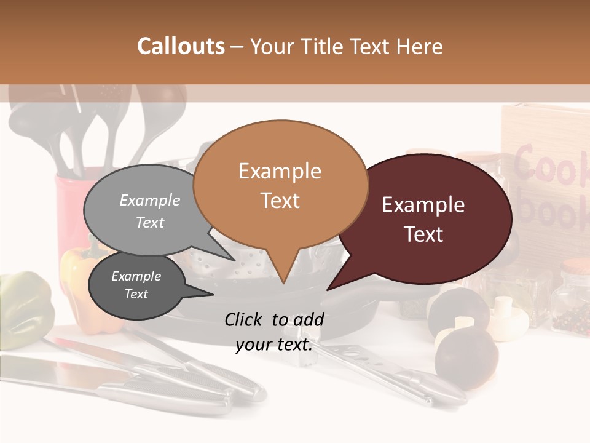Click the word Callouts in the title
tap(181, 46)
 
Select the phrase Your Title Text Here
tap(346, 47)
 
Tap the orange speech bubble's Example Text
tap(280, 185)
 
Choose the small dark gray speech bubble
tap(136, 285)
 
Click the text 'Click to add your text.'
tap(273, 332)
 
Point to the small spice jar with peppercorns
tap(569, 301)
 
